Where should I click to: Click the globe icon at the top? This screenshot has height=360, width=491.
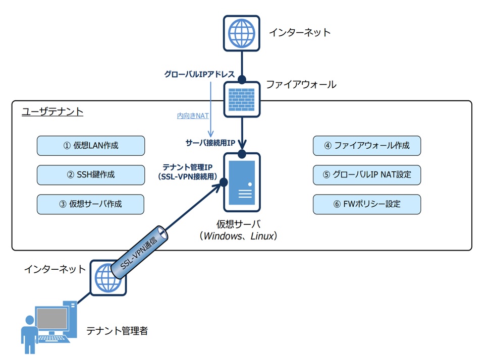[242, 33]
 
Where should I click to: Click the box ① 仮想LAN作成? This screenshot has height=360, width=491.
[91, 146]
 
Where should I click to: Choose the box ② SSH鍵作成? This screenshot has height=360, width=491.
[91, 175]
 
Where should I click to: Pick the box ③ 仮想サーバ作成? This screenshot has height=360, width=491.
[91, 204]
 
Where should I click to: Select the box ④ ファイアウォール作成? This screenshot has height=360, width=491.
[367, 146]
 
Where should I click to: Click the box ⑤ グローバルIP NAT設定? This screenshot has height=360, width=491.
[367, 175]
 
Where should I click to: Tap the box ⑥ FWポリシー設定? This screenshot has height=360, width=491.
[367, 204]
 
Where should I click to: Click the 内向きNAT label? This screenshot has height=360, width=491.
[193, 116]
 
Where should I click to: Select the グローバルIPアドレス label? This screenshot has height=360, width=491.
[199, 74]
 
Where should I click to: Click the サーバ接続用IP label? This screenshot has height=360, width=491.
[210, 143]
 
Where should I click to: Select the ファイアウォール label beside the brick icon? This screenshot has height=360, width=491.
[301, 85]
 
